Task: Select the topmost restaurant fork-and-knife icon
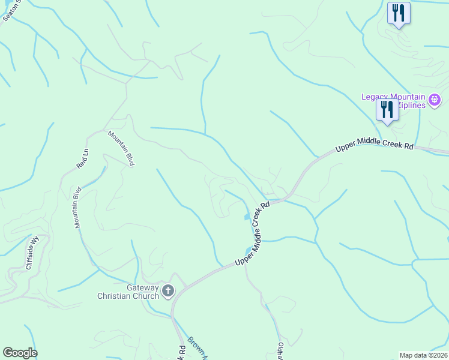point(399,13)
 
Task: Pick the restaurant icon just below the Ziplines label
point(387,110)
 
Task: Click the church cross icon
point(168,292)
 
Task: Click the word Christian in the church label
point(119,296)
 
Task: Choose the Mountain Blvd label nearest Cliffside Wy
point(77,208)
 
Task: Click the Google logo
point(20,353)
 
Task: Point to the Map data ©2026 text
point(423,355)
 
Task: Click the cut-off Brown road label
point(197,348)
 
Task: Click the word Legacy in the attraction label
point(375,97)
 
